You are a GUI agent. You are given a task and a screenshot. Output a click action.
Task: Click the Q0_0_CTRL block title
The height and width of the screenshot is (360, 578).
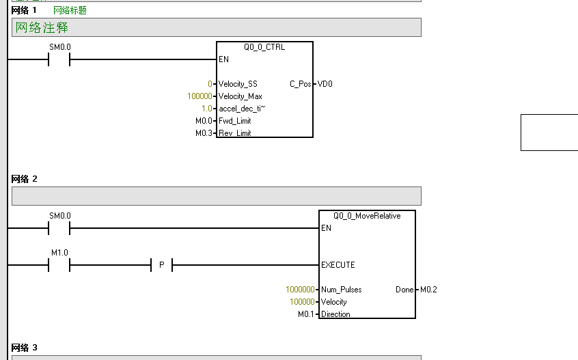(264, 47)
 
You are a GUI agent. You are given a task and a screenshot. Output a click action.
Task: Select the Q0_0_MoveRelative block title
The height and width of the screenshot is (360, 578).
(367, 215)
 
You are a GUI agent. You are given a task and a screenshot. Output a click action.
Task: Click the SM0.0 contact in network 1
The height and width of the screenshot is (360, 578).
(59, 59)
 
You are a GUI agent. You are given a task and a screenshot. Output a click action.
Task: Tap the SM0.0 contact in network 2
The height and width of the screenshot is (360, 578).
(59, 228)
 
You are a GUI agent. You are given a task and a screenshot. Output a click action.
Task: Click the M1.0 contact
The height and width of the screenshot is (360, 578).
(59, 265)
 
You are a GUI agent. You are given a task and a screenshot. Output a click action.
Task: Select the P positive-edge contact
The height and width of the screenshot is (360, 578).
(161, 265)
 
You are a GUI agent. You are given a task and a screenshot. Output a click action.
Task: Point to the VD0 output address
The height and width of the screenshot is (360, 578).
(325, 84)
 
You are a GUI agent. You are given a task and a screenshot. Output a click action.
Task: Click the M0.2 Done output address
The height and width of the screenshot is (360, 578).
(428, 290)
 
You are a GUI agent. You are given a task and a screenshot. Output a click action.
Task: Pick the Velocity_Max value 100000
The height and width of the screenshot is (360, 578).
(200, 96)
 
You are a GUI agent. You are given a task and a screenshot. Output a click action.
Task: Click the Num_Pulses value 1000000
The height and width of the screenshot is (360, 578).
(300, 290)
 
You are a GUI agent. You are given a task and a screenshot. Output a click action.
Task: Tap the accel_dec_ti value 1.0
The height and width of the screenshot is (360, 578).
(206, 109)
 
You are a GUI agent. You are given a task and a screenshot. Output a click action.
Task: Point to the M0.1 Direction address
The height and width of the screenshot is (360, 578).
(306, 314)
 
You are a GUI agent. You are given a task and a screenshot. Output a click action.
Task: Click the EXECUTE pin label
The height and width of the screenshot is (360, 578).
(338, 265)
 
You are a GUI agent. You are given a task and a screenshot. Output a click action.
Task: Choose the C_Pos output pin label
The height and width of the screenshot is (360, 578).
(300, 84)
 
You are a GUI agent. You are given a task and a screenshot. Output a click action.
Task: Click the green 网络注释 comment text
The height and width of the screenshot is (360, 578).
(42, 28)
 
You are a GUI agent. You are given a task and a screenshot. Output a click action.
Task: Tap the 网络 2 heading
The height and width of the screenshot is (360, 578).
(25, 179)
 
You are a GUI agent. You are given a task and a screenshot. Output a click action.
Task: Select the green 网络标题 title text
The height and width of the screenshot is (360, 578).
(70, 10)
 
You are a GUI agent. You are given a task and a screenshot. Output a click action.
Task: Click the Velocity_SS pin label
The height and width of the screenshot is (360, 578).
(238, 84)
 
